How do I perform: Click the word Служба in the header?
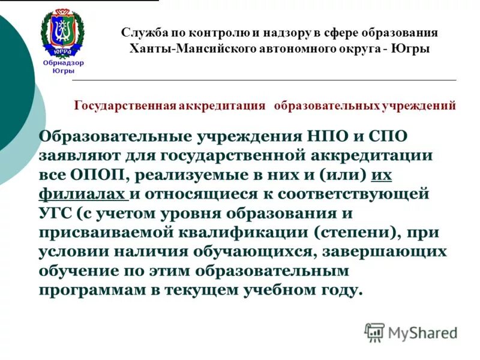point(142,34)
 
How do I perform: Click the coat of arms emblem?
point(62,34)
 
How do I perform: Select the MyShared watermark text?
point(422,332)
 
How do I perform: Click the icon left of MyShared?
point(374,332)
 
